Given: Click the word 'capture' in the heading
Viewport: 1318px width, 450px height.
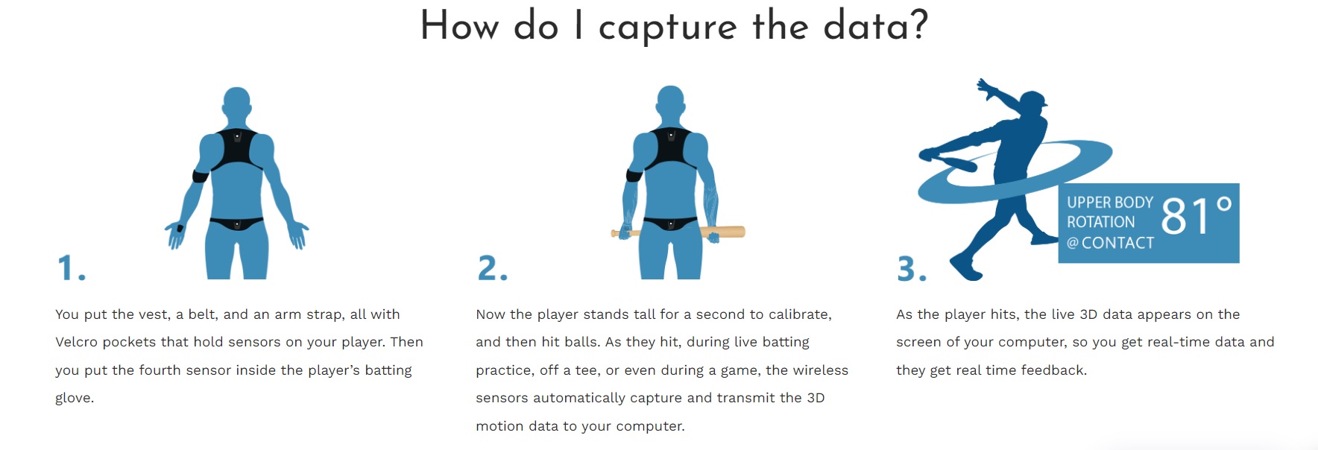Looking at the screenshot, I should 667,28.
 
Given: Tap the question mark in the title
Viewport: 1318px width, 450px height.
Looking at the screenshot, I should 919,25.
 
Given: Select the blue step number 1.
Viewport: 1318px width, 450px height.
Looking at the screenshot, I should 71,268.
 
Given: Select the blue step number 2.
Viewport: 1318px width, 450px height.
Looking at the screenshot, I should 492,268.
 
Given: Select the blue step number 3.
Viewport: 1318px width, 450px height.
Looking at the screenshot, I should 911,269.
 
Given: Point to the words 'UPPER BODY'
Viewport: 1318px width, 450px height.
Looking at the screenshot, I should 1109,203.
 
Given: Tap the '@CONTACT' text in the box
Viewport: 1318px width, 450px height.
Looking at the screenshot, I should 1110,243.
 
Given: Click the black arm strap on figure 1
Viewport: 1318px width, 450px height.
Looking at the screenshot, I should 201,176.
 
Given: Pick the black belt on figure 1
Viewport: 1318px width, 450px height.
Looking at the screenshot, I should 236,223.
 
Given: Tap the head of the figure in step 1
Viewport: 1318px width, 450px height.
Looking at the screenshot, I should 236,103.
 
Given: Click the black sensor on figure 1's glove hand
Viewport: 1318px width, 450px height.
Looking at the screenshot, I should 179,228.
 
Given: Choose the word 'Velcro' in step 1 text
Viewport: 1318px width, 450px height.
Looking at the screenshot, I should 76,342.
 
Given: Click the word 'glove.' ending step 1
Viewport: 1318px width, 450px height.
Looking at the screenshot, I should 75,398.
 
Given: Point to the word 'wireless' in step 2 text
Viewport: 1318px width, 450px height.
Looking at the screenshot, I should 820,370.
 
